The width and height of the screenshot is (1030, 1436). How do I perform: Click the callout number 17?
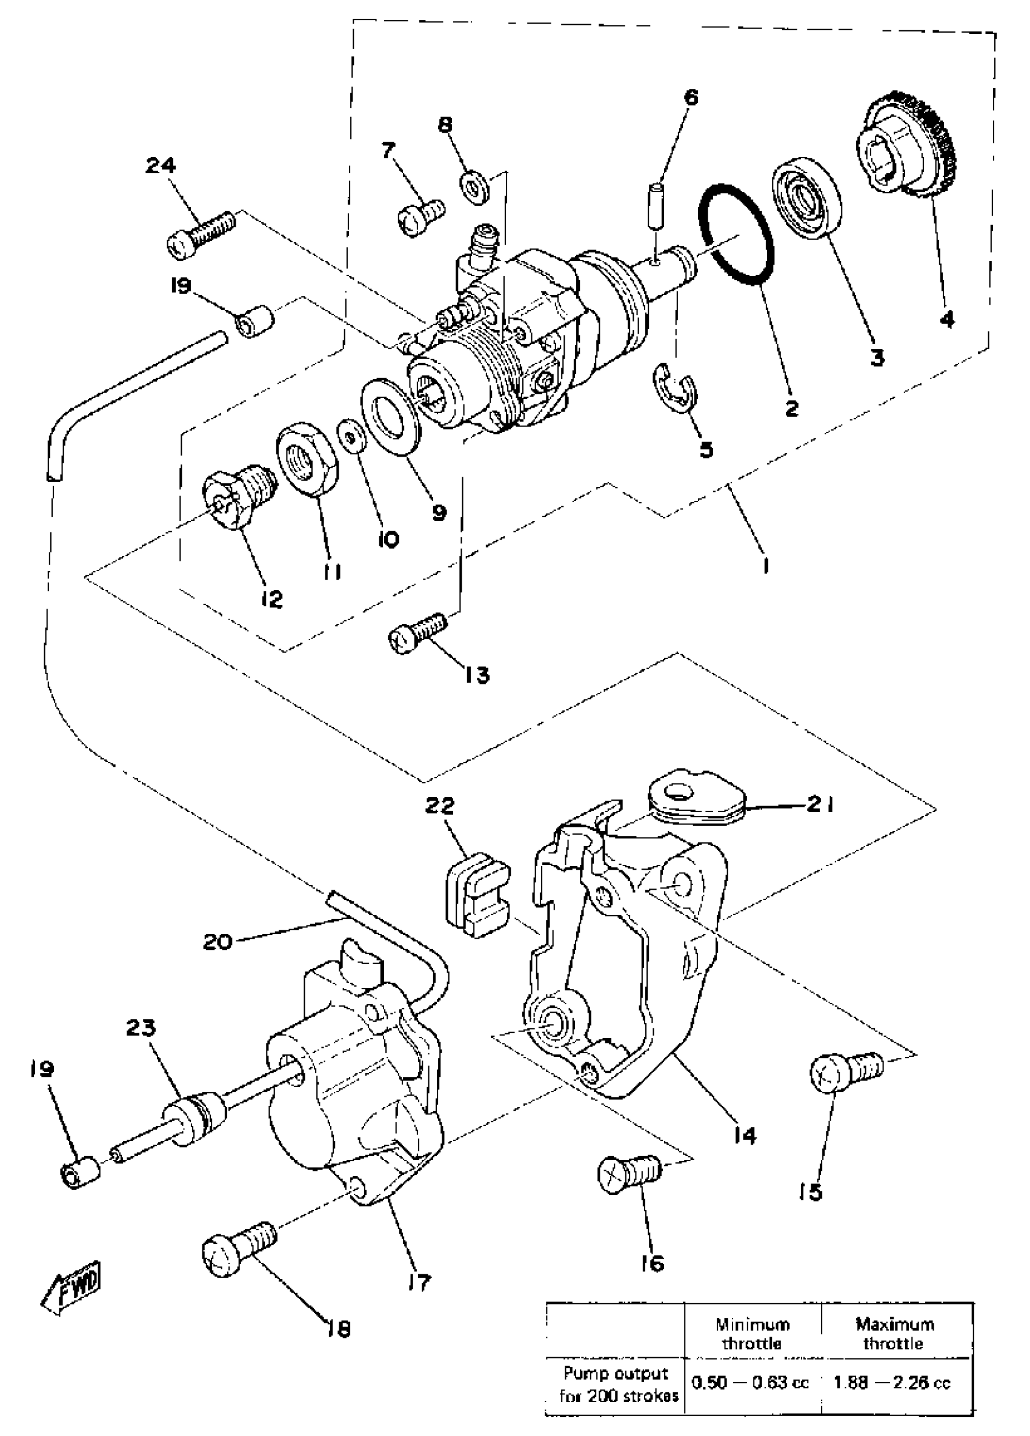419,1283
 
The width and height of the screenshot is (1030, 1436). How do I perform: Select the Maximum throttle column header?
894,1334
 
